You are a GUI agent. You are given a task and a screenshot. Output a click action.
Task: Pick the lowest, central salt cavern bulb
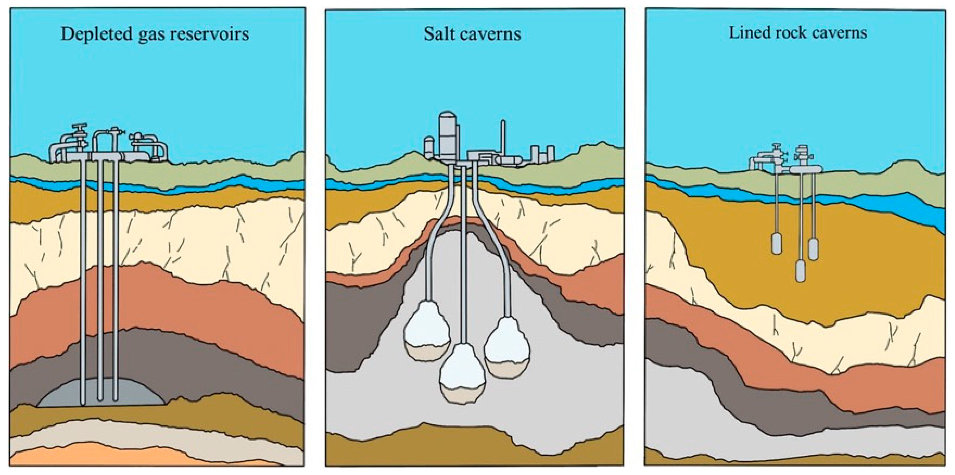pyautogui.click(x=462, y=374)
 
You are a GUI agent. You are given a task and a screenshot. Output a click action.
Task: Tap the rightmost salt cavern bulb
pyautogui.click(x=507, y=346)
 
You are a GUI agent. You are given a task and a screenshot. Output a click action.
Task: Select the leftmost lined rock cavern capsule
pyautogui.click(x=777, y=243)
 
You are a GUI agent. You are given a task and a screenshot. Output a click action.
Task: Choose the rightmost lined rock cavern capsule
pyautogui.click(x=813, y=249)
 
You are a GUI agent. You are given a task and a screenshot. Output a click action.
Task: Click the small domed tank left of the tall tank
pyautogui.click(x=429, y=146)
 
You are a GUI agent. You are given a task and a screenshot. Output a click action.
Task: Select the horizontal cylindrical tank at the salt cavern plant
pyautogui.click(x=510, y=160)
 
